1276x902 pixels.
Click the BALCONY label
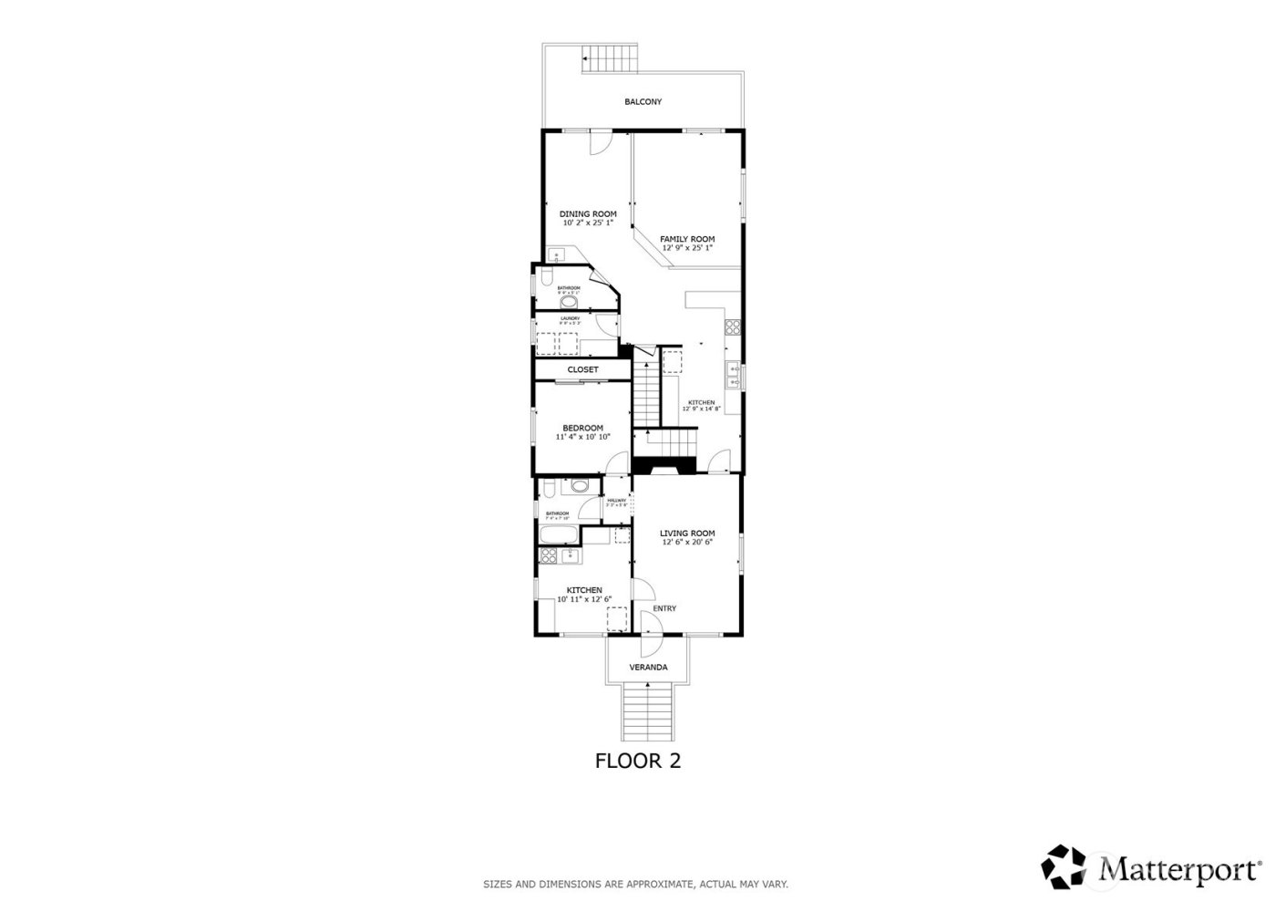pos(643,102)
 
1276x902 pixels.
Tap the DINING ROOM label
pos(588,214)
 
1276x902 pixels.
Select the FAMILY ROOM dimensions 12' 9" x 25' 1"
pos(687,248)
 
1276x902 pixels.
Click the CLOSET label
pos(583,369)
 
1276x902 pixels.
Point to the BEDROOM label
pos(582,429)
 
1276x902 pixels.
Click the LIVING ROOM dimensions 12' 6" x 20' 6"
pos(687,543)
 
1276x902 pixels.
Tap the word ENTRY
pos(664,609)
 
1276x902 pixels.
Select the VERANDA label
pos(648,668)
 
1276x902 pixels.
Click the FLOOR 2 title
pos(638,761)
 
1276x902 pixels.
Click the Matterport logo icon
pos(1068,866)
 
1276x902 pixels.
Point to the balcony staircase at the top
pos(610,59)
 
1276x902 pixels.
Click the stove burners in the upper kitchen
pos(732,326)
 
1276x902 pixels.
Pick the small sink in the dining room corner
pos(557,256)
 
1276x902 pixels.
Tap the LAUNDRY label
pos(571,318)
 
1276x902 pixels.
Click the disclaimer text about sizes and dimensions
pos(635,884)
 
